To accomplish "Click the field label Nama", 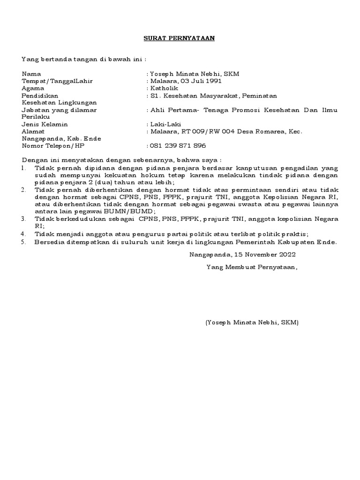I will (31, 74).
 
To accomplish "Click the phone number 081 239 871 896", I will (178, 146).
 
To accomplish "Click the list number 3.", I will (23, 218).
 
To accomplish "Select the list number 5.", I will (23, 242).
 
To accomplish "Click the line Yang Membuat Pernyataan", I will (252, 267).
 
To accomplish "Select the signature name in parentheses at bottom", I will (252, 322).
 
